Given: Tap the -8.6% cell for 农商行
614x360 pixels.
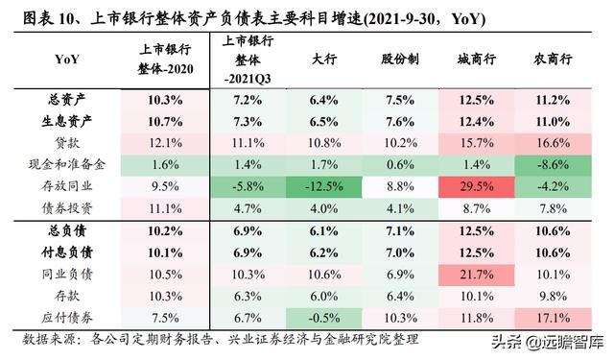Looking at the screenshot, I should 555,163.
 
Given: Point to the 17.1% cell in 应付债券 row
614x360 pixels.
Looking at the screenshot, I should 555,316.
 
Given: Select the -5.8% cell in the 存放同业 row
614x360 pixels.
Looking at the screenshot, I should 248,184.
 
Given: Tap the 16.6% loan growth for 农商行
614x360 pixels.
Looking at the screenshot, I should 555,142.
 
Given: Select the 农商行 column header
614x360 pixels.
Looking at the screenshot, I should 555,59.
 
